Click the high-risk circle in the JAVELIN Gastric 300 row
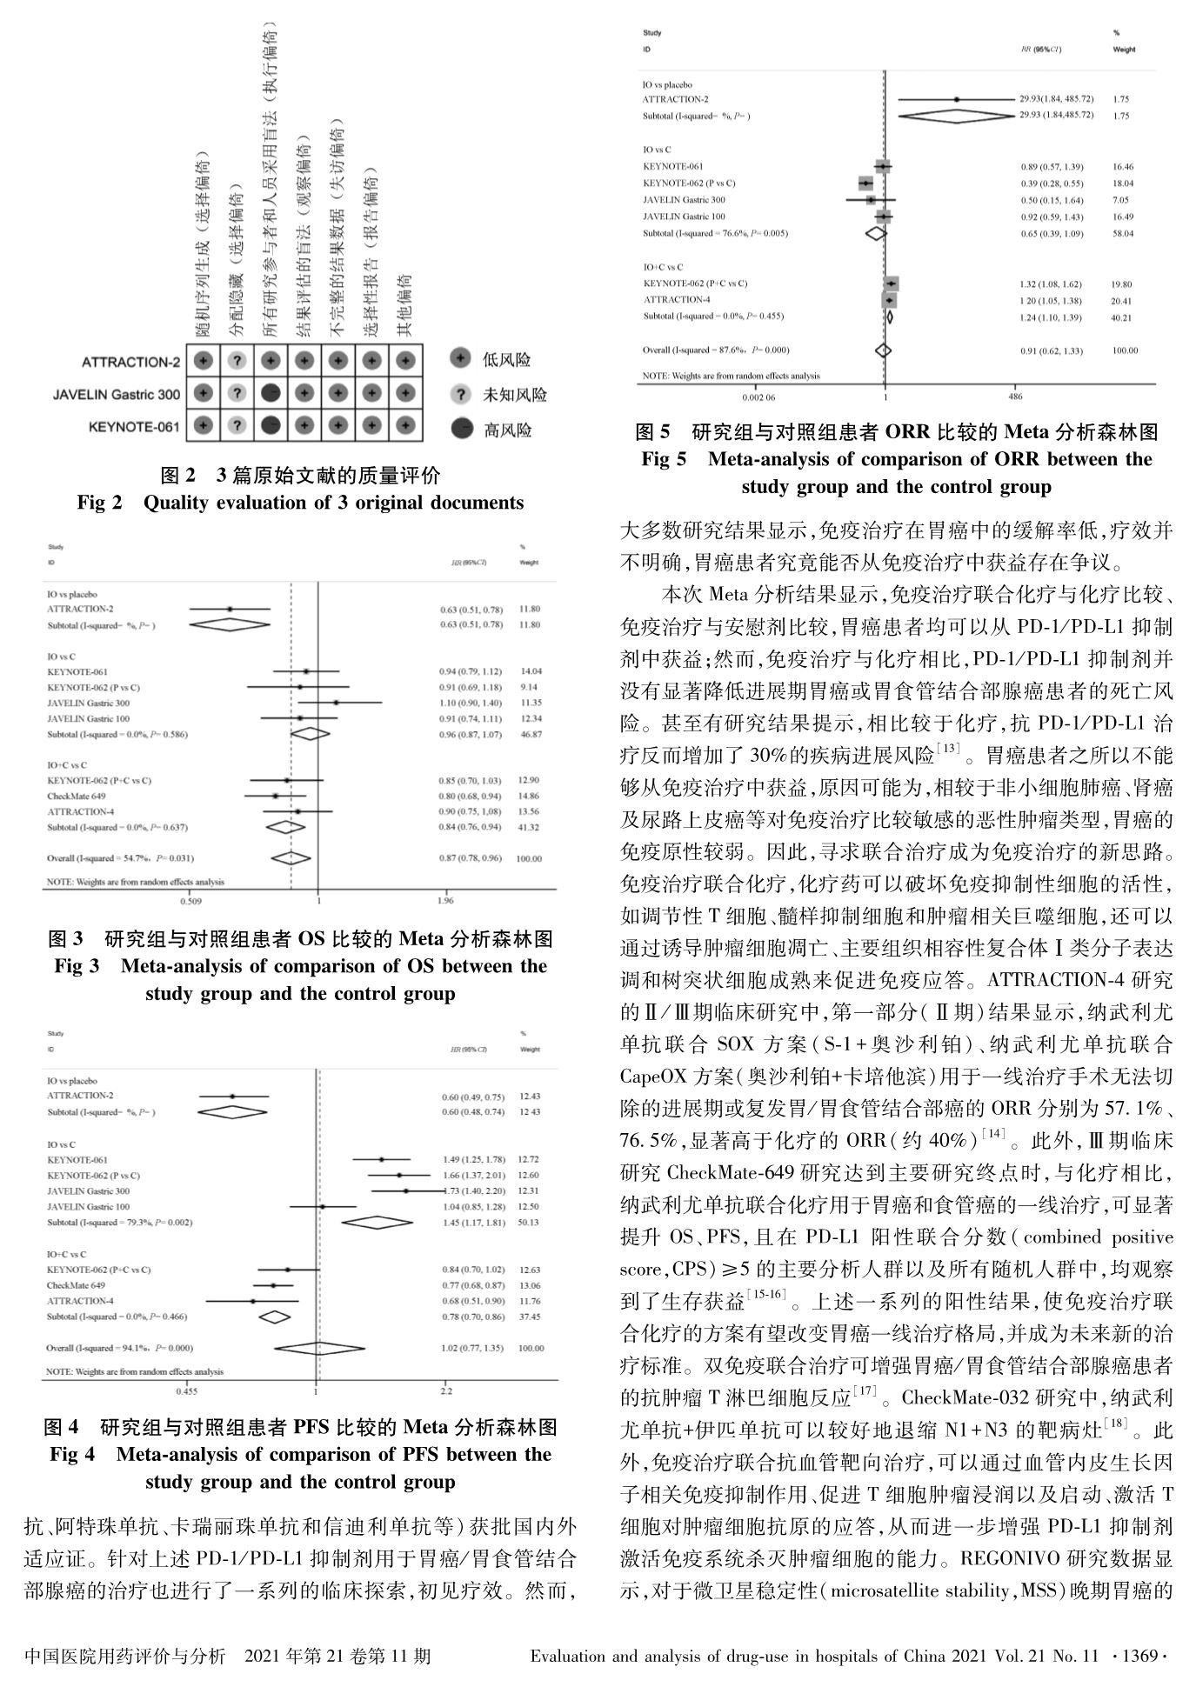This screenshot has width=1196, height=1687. pos(271,394)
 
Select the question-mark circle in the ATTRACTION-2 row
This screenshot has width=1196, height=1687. pos(237,361)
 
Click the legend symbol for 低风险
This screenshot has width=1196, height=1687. pos(462,358)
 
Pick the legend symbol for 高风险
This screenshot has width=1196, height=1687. pos(462,428)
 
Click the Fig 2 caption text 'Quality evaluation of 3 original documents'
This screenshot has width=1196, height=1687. pos(333,503)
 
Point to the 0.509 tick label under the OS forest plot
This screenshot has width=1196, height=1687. pos(196,902)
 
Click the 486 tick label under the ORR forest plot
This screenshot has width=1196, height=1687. pos(1015,397)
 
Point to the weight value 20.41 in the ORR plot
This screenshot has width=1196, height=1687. pos(1124,301)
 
